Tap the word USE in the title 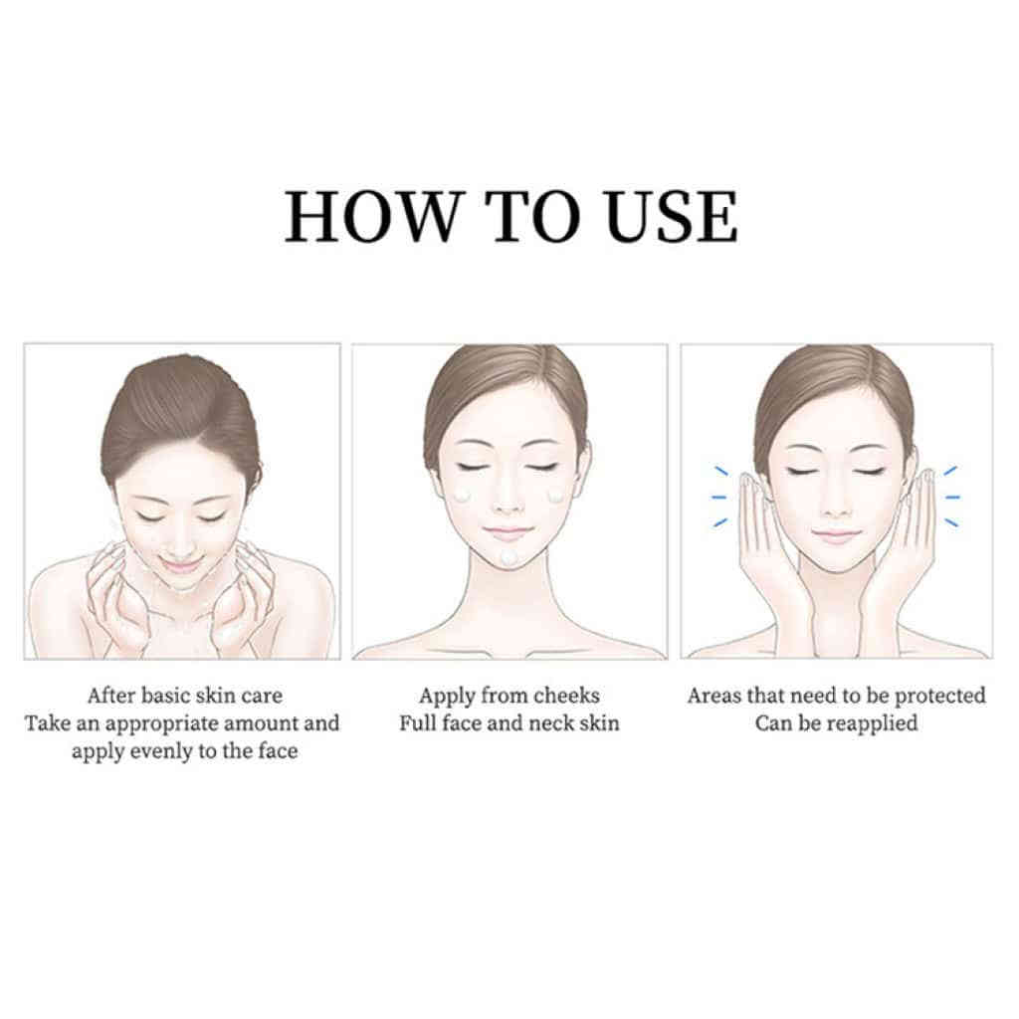click(670, 217)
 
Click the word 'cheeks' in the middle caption click(564, 696)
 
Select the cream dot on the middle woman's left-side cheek click(462, 496)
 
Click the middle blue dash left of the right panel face click(718, 498)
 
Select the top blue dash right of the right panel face click(950, 471)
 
